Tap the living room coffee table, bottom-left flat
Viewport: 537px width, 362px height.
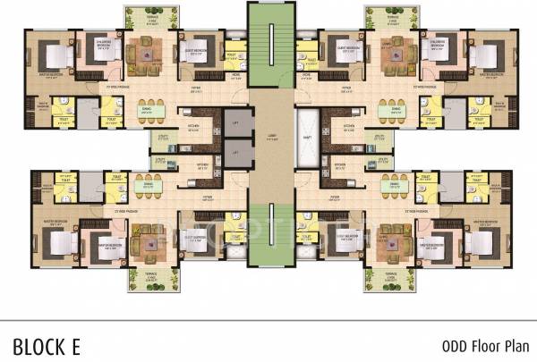click(143, 241)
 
